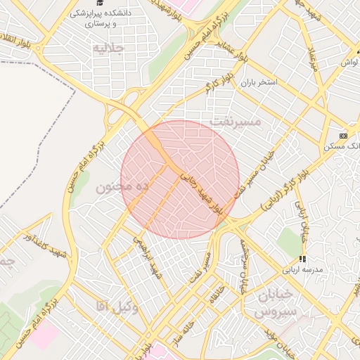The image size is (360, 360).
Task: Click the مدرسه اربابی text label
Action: [x=302, y=269]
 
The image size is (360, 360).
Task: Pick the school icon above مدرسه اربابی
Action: [x=302, y=259]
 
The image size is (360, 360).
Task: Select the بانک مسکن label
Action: [x=342, y=146]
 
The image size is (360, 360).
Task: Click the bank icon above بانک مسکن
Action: [x=343, y=136]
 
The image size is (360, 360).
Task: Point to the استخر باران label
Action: [x=260, y=82]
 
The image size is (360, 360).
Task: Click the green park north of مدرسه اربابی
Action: [x=289, y=241]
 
